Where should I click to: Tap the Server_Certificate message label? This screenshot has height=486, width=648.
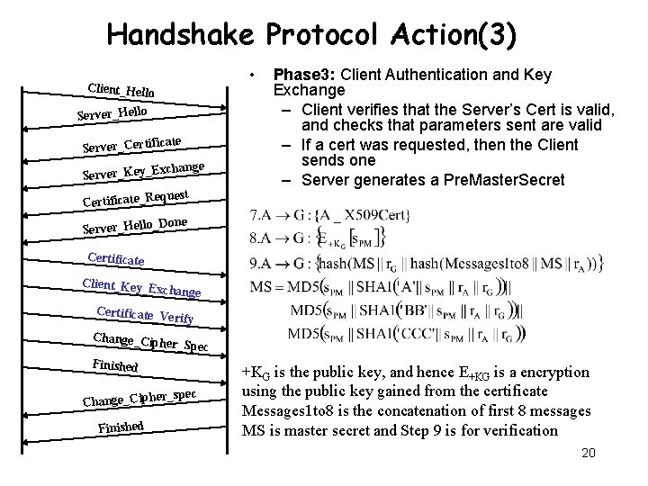click(132, 141)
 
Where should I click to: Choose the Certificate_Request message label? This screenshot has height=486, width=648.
click(135, 196)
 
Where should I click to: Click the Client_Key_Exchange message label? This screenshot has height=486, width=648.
click(141, 289)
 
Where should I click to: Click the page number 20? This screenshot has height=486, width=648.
click(588, 453)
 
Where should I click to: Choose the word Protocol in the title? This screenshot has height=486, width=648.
click(326, 35)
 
